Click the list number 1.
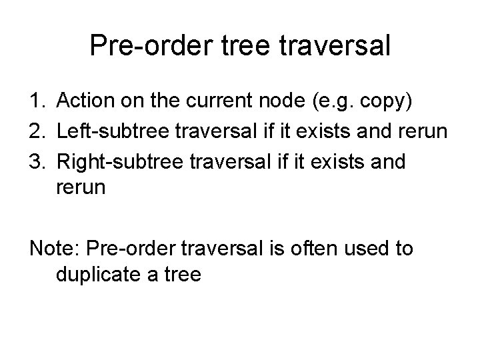(37, 102)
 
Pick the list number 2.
(37, 133)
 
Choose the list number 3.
(37, 163)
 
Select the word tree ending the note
(179, 274)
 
